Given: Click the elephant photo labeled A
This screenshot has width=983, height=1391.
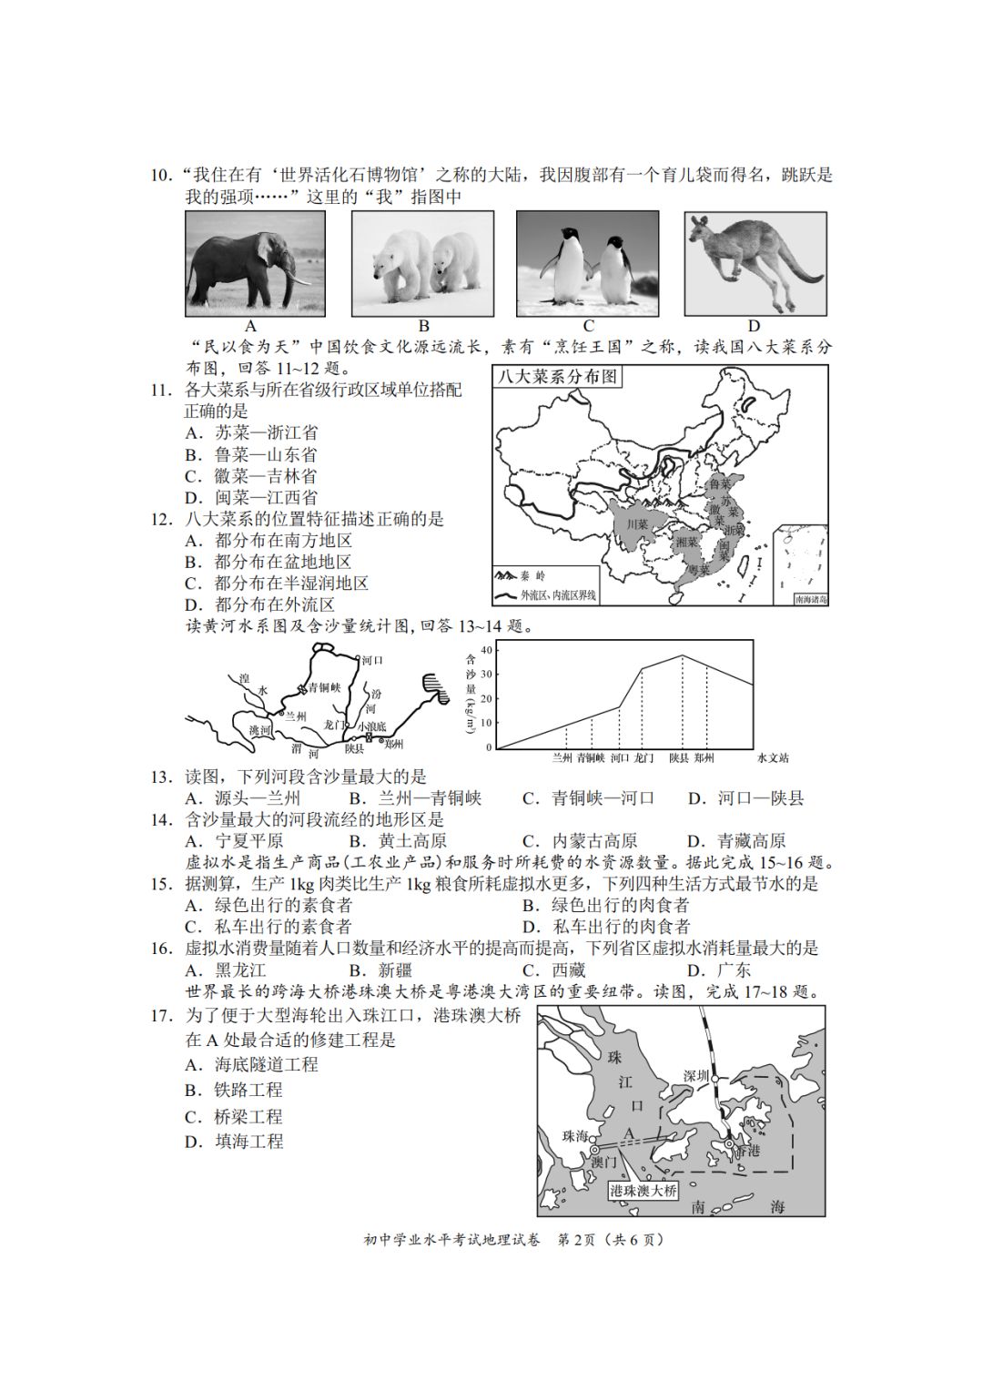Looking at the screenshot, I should [x=255, y=263].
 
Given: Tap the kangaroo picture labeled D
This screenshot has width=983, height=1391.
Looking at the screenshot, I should [x=755, y=263].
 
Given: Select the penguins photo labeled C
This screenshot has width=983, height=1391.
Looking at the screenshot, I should [x=587, y=263].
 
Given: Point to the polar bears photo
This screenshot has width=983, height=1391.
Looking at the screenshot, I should [x=422, y=263].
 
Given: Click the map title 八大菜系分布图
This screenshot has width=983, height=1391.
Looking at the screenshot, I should [x=556, y=377].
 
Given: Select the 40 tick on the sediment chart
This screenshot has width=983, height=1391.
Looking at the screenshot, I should [x=486, y=649].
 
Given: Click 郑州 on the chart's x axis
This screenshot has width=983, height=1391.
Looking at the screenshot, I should [x=703, y=758].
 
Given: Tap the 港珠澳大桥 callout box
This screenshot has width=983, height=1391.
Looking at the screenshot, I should [x=644, y=1190].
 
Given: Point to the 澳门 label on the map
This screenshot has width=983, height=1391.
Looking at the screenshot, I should [x=603, y=1162].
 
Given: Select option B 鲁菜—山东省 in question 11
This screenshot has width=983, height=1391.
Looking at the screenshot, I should [x=252, y=454].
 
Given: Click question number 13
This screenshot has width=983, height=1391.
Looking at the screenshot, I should [x=161, y=777].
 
